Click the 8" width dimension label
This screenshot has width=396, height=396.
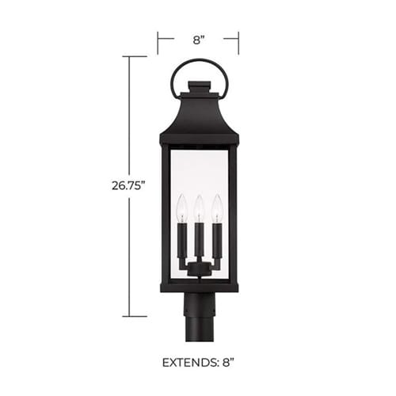[199, 40]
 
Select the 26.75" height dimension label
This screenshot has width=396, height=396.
[128, 185]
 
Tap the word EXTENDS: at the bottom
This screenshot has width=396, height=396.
[190, 363]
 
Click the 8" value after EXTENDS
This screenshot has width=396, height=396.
[228, 363]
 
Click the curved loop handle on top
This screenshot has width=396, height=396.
[199, 60]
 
